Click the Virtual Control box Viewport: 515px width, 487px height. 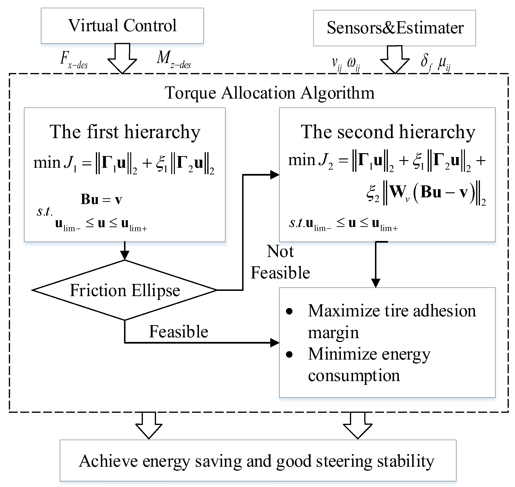point(122,26)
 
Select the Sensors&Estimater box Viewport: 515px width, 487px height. point(394,28)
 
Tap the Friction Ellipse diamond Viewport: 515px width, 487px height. point(125,290)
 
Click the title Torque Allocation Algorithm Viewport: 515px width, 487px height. point(270,93)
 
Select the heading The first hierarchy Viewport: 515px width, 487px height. point(125,132)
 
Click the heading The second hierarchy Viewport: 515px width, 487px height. point(388,132)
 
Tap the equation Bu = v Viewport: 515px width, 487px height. point(101,199)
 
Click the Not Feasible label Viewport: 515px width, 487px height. point(280,262)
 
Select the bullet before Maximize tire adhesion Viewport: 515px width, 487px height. point(289,311)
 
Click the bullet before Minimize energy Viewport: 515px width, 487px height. point(289,354)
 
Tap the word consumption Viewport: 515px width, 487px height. point(354,376)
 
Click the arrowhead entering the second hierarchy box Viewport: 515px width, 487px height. point(275,175)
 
